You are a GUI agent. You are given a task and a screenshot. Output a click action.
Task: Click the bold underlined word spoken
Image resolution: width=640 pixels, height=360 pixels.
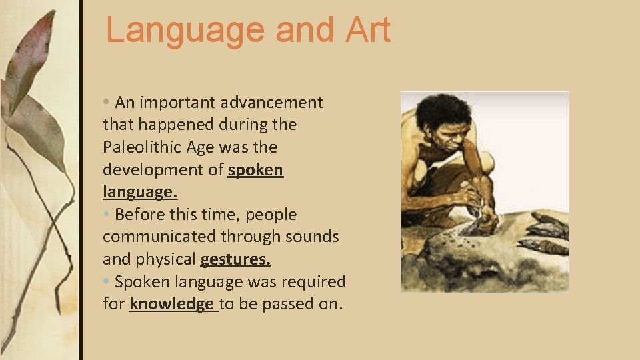(x=255, y=170)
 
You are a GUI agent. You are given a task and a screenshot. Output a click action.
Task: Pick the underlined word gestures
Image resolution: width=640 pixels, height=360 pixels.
(x=235, y=259)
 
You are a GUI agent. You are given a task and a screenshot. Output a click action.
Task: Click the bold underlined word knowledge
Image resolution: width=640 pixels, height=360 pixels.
(x=171, y=304)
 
